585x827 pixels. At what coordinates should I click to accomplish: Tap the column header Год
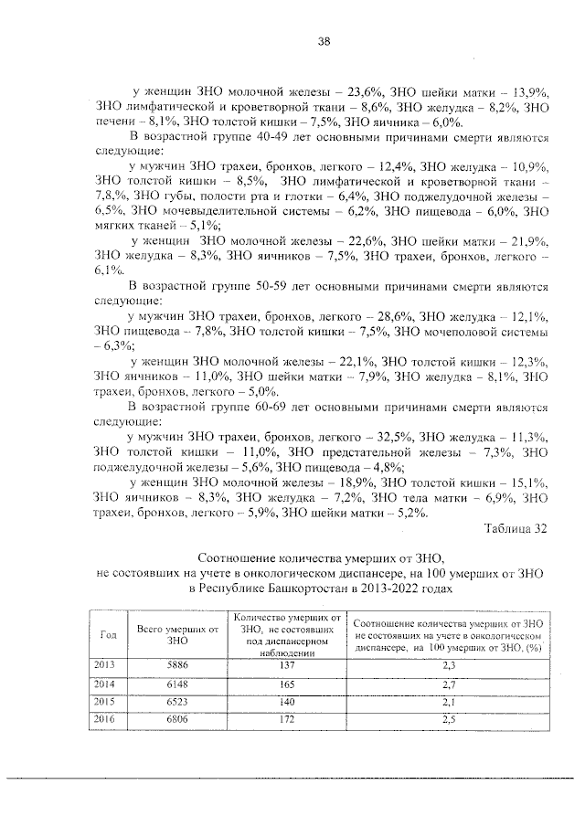pos(107,634)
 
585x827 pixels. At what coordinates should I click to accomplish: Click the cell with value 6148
pos(177,684)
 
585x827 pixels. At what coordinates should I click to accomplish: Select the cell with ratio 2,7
pos(448,684)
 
